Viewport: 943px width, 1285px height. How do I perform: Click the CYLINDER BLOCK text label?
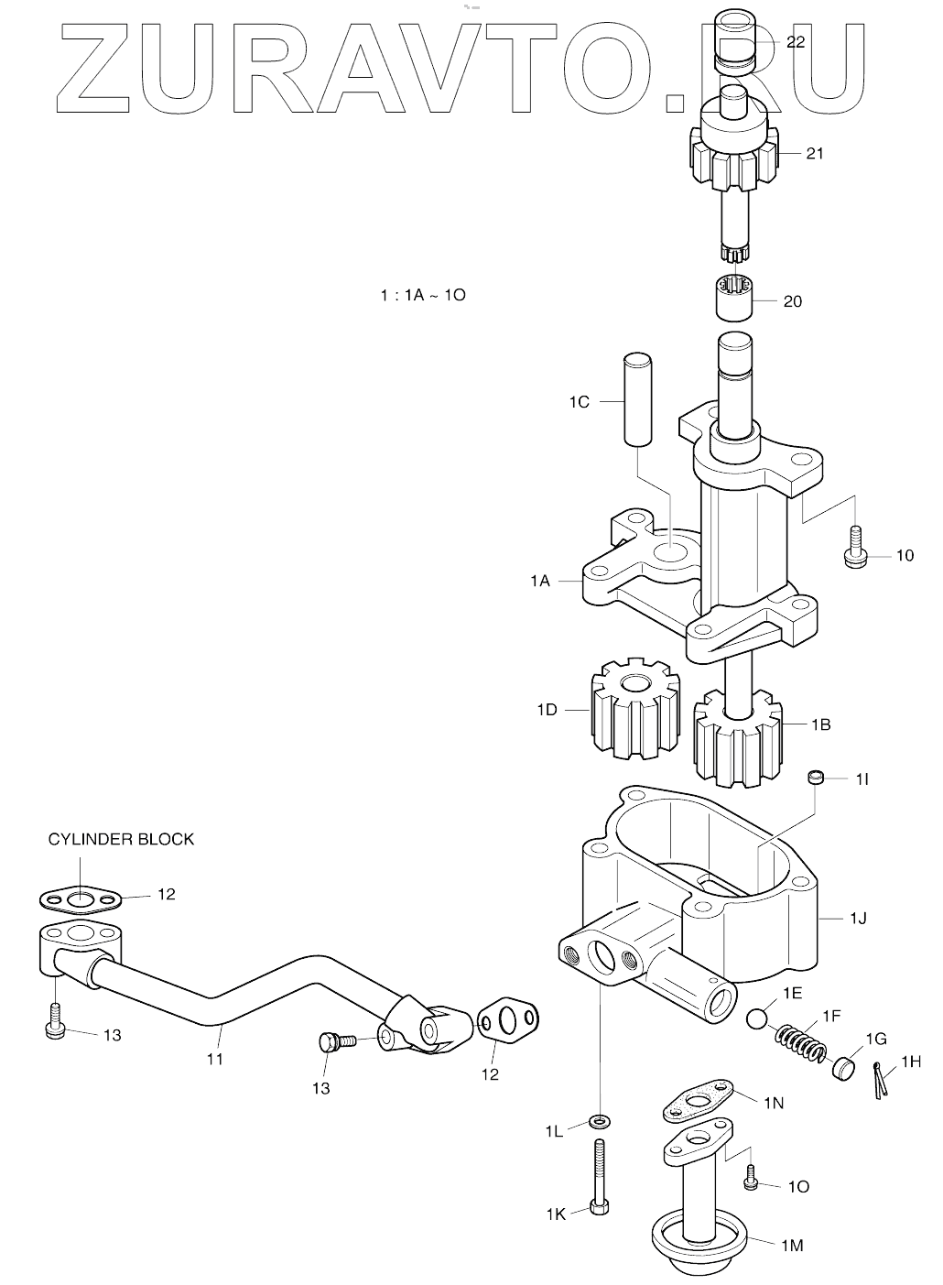click(121, 839)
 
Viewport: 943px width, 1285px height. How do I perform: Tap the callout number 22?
click(795, 42)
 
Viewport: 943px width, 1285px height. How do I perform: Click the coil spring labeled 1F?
click(801, 1043)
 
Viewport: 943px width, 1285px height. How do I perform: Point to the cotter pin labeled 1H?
click(879, 1080)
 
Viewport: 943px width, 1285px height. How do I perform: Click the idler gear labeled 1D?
click(634, 709)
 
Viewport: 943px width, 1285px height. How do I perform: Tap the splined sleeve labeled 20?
click(734, 297)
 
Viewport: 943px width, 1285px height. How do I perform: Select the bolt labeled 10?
click(856, 548)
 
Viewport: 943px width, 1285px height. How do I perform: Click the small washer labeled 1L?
click(600, 1119)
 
